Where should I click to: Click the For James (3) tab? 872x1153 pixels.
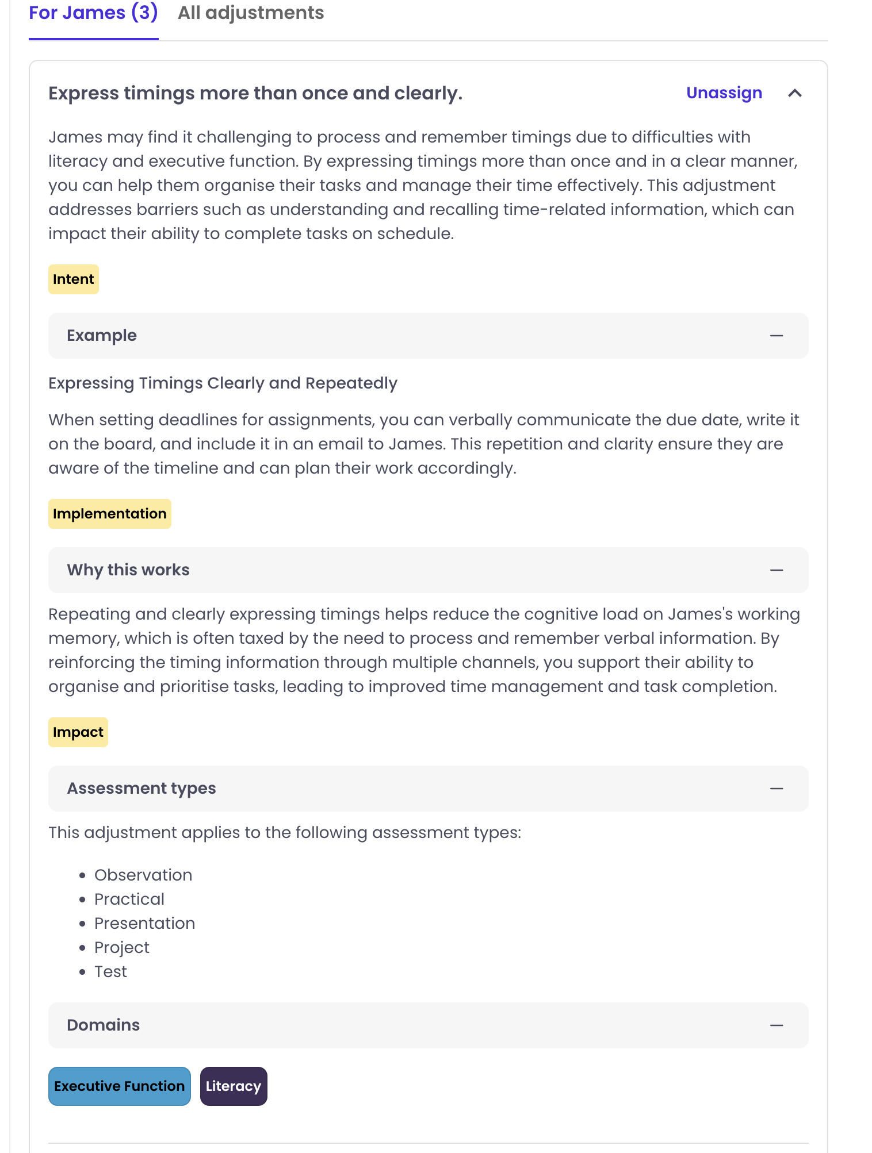[x=93, y=13]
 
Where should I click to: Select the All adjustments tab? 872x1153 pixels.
[x=251, y=13]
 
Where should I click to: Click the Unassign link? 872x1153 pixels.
[x=724, y=93]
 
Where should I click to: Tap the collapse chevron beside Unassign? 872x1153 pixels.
[x=794, y=93]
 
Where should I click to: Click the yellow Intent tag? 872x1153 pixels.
[x=73, y=279]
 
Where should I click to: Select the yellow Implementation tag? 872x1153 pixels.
[x=109, y=514]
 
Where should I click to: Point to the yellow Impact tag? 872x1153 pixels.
[x=78, y=732]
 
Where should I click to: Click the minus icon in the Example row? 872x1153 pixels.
[x=777, y=336]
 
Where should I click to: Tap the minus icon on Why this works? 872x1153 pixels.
[x=777, y=570]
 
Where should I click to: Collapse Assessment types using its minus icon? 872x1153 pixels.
[x=777, y=789]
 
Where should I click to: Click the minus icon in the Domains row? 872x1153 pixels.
[x=777, y=1025]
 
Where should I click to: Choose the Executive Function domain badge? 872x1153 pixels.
[x=119, y=1086]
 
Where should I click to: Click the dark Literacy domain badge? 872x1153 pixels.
[x=233, y=1086]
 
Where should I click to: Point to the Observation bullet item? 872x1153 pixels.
[x=143, y=875]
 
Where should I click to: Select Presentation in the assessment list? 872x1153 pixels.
[x=144, y=923]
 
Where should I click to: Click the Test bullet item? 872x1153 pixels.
[x=110, y=971]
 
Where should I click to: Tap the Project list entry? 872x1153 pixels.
[x=121, y=947]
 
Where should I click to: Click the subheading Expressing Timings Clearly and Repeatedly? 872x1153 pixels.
[x=223, y=383]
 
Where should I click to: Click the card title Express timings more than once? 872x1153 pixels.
[x=255, y=93]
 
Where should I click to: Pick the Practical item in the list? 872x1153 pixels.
[x=129, y=899]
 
